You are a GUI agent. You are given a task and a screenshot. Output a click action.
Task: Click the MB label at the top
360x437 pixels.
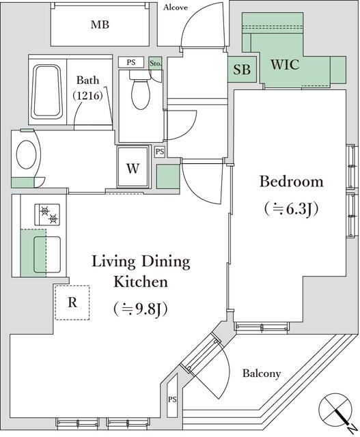100,25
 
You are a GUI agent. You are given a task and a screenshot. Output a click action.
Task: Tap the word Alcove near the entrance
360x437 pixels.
180,8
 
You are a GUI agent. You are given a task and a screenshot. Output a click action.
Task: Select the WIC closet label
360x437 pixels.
284,66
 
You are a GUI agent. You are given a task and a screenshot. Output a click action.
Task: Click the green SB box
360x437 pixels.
242,70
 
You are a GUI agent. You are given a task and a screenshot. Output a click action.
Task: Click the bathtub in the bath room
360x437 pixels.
46,90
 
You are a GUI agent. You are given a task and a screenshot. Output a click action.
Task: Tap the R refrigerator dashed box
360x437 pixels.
72,302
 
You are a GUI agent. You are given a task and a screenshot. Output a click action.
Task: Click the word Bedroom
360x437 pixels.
290,182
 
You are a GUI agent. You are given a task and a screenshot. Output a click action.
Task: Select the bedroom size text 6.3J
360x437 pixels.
291,208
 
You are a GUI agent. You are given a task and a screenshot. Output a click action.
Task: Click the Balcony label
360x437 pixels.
262,373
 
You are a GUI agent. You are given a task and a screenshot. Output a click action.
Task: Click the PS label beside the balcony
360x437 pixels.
171,399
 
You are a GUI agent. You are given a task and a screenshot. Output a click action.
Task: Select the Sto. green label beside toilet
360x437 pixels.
155,61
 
